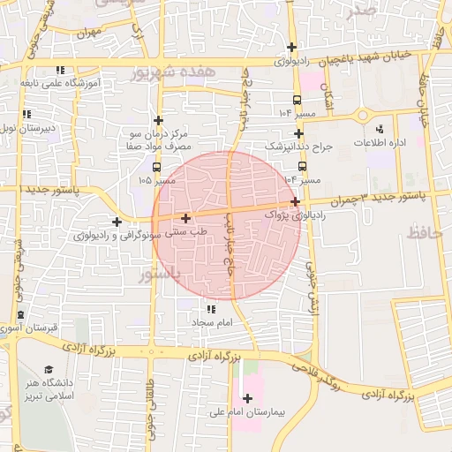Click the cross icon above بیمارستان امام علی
246,398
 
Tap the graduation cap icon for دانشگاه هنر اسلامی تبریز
49,370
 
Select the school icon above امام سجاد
210,309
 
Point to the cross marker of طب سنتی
185,217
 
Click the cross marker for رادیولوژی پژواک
295,201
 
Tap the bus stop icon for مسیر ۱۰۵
156,166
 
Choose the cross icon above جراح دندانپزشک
299,133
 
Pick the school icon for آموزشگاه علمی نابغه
60,69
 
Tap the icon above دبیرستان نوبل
26,115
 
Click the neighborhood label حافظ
425,233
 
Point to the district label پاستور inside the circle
160,275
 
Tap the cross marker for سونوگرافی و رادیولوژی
117,221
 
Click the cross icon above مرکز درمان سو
158,120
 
